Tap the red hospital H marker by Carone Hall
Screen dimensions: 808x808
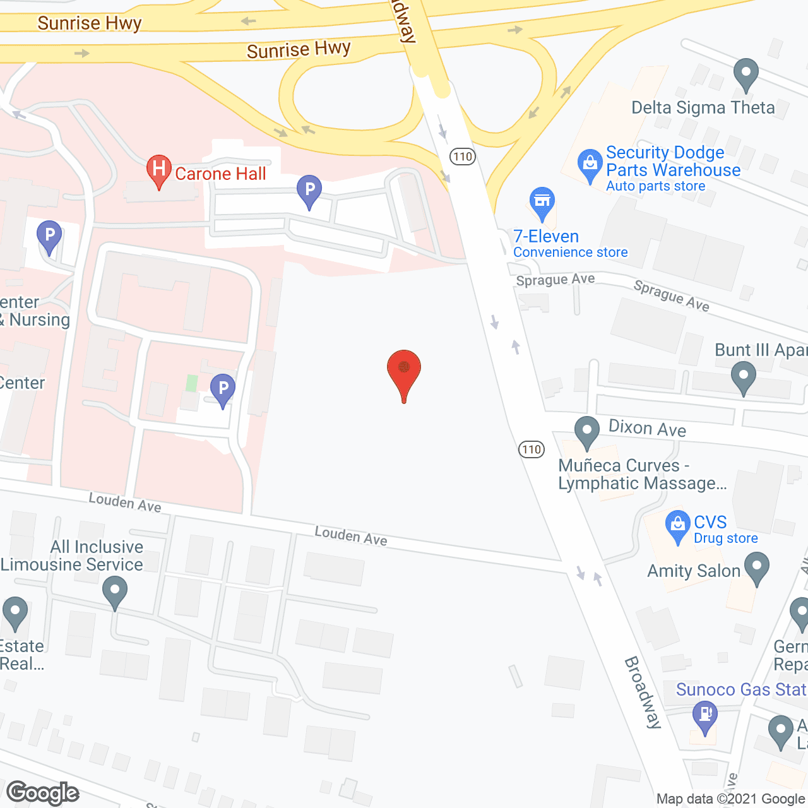click(159, 169)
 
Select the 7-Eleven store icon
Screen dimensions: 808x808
click(542, 201)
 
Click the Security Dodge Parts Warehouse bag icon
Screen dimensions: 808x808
click(590, 164)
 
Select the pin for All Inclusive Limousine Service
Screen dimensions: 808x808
click(115, 593)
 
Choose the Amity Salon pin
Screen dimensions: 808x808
click(756, 566)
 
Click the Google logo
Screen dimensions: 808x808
click(43, 793)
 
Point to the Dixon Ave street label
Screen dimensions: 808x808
click(647, 429)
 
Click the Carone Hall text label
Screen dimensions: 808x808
click(220, 174)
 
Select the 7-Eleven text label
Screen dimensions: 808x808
click(546, 236)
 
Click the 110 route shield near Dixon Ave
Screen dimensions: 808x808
click(532, 449)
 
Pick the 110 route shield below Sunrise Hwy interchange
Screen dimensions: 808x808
click(463, 157)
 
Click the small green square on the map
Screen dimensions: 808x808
click(192, 383)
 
